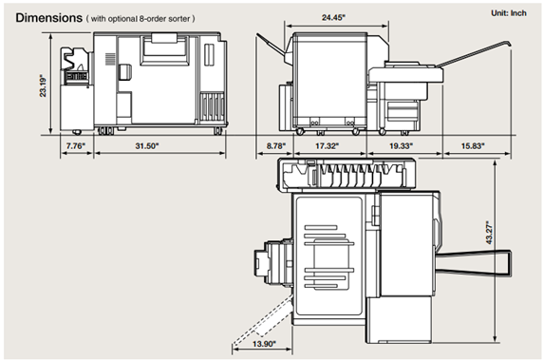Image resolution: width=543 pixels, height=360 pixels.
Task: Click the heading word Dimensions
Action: coord(48,18)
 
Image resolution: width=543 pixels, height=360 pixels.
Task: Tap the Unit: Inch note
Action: coord(509,13)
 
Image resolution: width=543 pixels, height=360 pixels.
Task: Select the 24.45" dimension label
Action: coord(333,17)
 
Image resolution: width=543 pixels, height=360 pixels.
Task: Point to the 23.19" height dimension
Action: coord(43,85)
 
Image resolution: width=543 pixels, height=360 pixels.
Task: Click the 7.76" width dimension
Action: coord(76,146)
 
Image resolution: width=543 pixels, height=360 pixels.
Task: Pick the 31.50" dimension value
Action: coord(147,146)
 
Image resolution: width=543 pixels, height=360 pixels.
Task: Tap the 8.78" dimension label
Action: coord(276,146)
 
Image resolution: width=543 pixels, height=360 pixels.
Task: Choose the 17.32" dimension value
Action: coord(327,146)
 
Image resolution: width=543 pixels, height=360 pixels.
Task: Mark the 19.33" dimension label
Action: coord(401,146)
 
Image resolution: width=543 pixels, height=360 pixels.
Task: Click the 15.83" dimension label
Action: coord(473,146)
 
